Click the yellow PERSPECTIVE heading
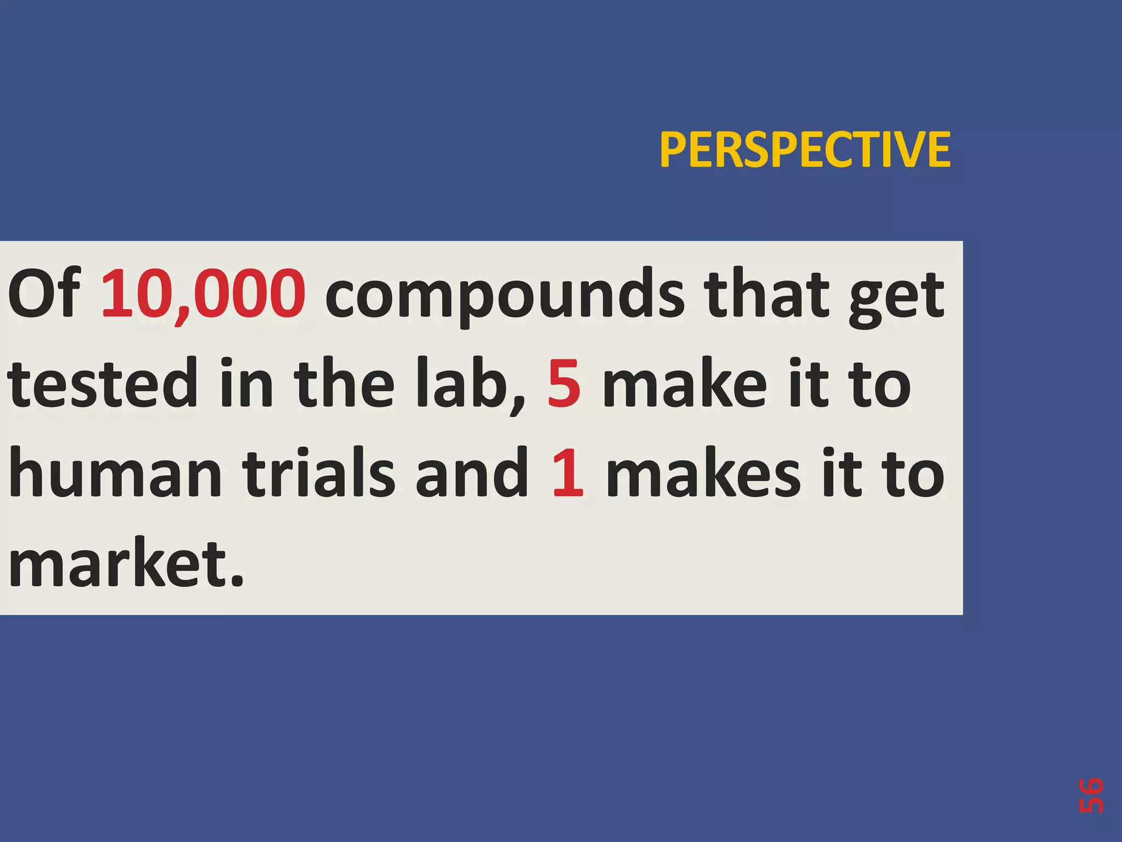point(804,150)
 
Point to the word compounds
point(505,296)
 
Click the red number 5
point(564,383)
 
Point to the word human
point(115,473)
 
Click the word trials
point(319,473)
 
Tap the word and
point(472,473)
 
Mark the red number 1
point(568,473)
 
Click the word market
point(118,562)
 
